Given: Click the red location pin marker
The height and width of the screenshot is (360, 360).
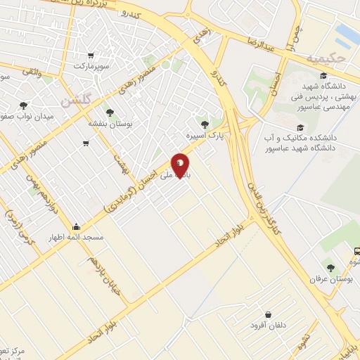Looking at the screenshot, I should click(x=181, y=165).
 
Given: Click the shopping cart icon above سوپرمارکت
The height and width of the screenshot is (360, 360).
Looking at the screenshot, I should click(x=91, y=56).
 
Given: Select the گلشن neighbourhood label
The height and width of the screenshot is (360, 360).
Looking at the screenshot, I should click(x=77, y=101).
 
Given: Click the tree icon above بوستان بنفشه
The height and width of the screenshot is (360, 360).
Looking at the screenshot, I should click(x=109, y=112).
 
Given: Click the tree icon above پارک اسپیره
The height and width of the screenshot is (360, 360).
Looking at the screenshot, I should click(x=205, y=124).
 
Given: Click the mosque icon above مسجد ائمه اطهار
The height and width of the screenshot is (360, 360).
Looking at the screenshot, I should click(x=76, y=227).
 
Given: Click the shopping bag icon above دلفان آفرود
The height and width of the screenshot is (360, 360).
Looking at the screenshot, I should click(x=268, y=315).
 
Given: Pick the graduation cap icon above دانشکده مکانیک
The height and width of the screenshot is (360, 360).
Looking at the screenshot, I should click(x=300, y=128).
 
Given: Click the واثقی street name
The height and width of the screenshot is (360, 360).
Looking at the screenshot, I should click(x=31, y=71).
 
